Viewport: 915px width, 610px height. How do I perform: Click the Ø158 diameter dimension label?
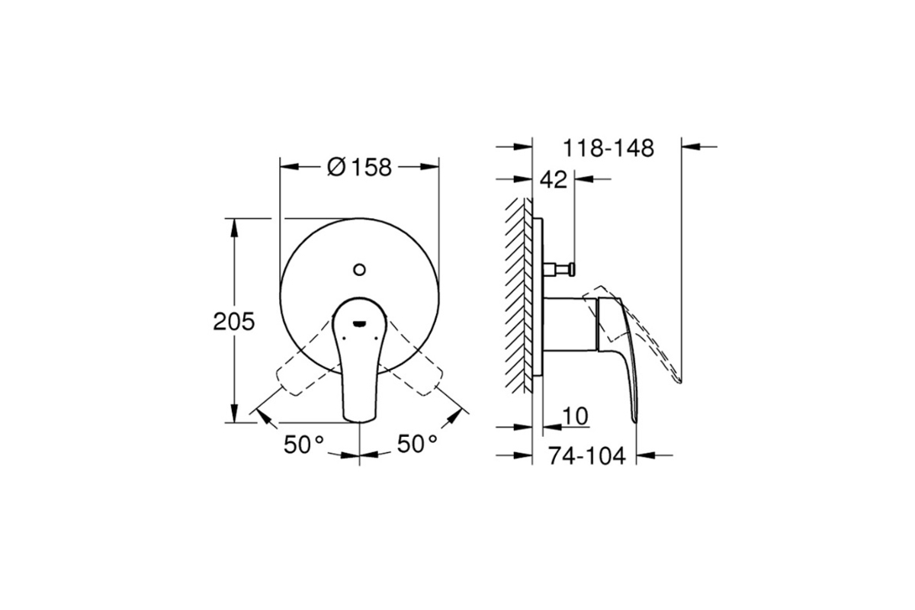[x=359, y=167]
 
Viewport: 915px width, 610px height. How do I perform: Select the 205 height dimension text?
[x=233, y=322]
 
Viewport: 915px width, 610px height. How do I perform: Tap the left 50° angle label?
[x=304, y=445]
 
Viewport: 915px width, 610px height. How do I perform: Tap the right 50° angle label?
[x=417, y=444]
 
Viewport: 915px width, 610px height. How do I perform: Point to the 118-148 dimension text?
[x=608, y=149]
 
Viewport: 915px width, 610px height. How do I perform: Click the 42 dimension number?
[x=554, y=180]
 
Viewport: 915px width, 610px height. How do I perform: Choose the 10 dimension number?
[x=575, y=416]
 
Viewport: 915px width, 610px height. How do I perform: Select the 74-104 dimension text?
[x=587, y=456]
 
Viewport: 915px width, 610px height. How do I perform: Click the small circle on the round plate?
[x=359, y=270]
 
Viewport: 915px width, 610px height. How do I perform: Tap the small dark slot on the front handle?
[x=359, y=324]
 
